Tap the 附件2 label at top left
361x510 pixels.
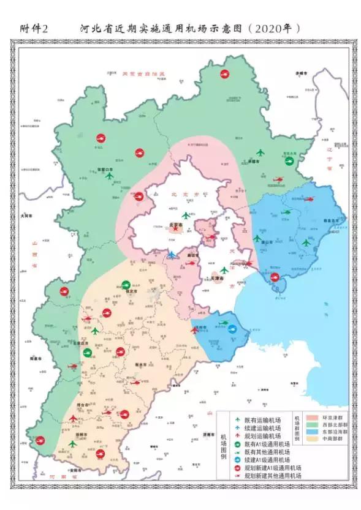(x=38, y=28)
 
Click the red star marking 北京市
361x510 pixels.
(x=177, y=228)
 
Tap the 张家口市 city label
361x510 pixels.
(x=107, y=170)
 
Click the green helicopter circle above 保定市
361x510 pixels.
(x=126, y=284)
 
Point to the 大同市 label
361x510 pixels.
(x=25, y=216)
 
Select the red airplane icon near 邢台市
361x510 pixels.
(x=74, y=418)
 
